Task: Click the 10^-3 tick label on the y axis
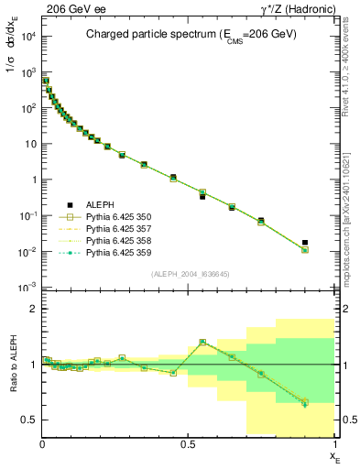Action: pos(27,288)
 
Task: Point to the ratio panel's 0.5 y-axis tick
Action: pos(30,420)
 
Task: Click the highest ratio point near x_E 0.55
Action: pos(202,342)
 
